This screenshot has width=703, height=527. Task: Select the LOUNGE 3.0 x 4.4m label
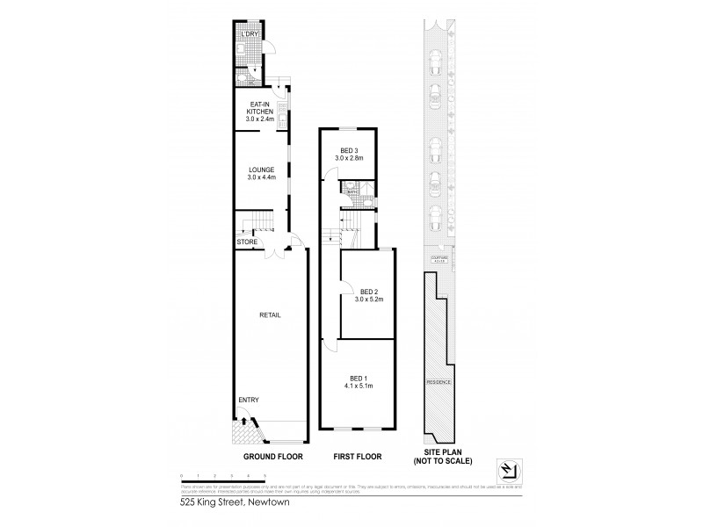tap(260, 174)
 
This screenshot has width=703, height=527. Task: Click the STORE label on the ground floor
tap(247, 242)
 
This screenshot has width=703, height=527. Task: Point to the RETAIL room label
tap(269, 314)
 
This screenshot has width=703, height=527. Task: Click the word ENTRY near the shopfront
tap(250, 400)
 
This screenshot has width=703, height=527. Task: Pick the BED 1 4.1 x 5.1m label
tap(359, 381)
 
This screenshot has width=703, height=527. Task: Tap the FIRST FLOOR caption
tap(358, 458)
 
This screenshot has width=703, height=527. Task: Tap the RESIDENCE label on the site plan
tap(438, 383)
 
